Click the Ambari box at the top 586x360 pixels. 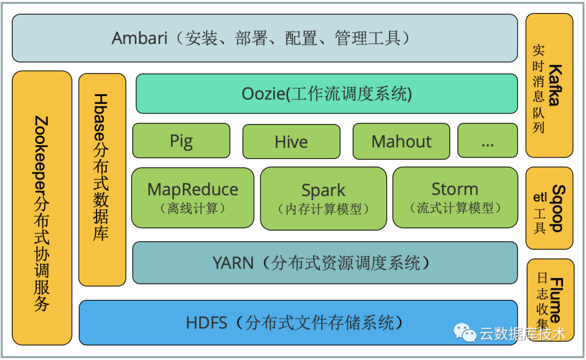pos(264,38)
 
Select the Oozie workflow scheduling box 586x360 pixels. pos(326,93)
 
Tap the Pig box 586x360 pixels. pos(181,141)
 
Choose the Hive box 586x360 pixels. pos(291,141)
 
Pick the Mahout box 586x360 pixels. pos(401,141)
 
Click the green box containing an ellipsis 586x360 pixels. pos(487,141)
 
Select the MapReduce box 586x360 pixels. pos(193,197)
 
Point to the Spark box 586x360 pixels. pos(323,198)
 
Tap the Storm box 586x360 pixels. pos(455,197)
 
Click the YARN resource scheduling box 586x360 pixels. pos(324,263)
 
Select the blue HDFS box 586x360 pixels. pos(298,322)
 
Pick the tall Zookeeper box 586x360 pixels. pos(42,207)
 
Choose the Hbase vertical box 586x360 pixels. pos(102,179)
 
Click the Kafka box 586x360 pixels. pos(549,85)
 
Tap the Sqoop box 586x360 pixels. pos(549,208)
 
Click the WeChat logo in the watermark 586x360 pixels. pos(465,333)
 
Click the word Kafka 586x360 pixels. pos(557,85)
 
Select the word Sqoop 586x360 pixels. pos(558,209)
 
